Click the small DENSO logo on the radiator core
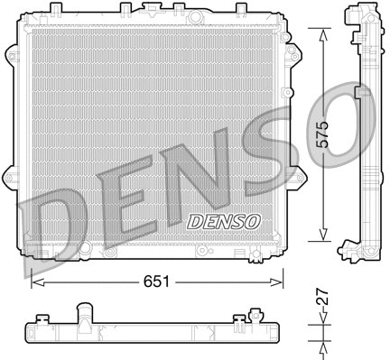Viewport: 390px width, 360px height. [223, 220]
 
